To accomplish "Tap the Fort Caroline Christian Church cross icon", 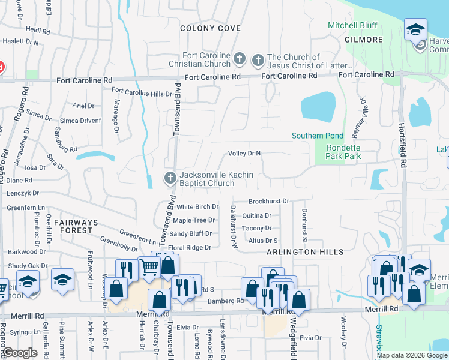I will (240, 59).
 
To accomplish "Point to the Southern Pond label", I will (317, 136).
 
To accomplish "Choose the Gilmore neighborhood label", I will (364, 40).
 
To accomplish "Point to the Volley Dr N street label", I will (244, 154).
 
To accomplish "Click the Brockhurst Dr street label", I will (268, 202).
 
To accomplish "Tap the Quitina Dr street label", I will (256, 215).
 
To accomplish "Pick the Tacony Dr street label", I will (256, 228).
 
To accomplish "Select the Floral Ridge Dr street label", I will (190, 247).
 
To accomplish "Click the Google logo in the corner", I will (20, 353).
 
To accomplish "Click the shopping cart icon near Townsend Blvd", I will (148, 267).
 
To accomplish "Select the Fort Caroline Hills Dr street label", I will (142, 94).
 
